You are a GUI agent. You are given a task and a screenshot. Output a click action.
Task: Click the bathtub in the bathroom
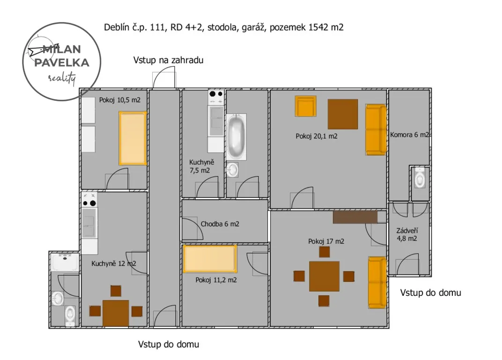pyautogui.click(x=236, y=137)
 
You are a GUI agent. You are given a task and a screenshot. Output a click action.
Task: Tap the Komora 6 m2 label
pyautogui.click(x=409, y=135)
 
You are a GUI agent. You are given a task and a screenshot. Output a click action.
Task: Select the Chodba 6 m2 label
pyautogui.click(x=220, y=224)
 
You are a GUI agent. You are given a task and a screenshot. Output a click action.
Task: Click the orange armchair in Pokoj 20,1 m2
pyautogui.click(x=305, y=106)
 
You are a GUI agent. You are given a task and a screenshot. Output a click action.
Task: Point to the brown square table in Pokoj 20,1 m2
pyautogui.click(x=343, y=114)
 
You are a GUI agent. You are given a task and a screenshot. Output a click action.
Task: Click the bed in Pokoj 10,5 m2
pyautogui.click(x=133, y=138)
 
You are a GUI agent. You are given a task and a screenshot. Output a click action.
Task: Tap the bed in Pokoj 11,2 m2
pyautogui.click(x=210, y=259)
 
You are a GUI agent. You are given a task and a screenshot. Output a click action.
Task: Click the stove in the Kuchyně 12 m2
pyautogui.click(x=89, y=200)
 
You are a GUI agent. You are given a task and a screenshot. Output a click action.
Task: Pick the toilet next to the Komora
pyautogui.click(x=420, y=178)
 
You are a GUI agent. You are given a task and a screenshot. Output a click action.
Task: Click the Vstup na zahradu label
pyautogui.click(x=169, y=60)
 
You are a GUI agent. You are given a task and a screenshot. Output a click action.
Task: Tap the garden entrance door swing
pyautogui.click(x=164, y=80)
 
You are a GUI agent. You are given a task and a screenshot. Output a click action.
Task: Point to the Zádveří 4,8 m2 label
pyautogui.click(x=407, y=235)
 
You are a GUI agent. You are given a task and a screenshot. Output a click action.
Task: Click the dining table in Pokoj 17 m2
pyautogui.click(x=324, y=277)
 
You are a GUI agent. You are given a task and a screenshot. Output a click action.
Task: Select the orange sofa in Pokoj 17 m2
pyautogui.click(x=377, y=283)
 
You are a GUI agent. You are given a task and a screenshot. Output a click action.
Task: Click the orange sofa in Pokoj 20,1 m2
pyautogui.click(x=376, y=129)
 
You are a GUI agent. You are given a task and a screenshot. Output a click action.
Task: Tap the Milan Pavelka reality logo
pyautogui.click(x=62, y=61)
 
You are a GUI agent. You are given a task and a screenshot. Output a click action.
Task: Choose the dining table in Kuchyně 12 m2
pyautogui.click(x=116, y=313)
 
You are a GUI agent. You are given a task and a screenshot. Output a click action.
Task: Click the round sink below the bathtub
pyautogui.click(x=232, y=170)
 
